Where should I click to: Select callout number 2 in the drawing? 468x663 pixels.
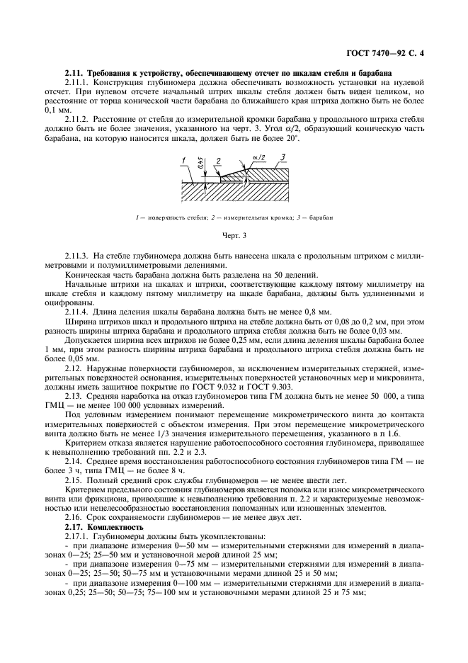click(218, 161)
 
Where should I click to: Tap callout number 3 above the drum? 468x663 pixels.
click(283, 157)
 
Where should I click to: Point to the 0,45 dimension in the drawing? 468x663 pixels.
click(201, 165)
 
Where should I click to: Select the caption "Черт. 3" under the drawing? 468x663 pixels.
click(233, 233)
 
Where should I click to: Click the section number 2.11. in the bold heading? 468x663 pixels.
click(73, 74)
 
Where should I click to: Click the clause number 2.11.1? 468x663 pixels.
click(76, 83)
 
